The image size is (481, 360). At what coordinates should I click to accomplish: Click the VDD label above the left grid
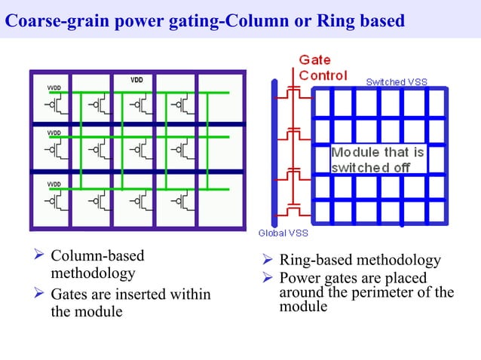pos(137,79)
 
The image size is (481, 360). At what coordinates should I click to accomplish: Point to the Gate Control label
pos(323,68)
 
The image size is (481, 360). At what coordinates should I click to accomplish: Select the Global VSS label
pos(283,233)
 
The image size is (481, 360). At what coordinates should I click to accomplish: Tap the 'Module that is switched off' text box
pos(378,160)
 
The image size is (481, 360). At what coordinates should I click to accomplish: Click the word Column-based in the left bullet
pos(97,256)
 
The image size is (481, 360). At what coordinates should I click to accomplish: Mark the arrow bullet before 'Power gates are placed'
pos(267,278)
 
